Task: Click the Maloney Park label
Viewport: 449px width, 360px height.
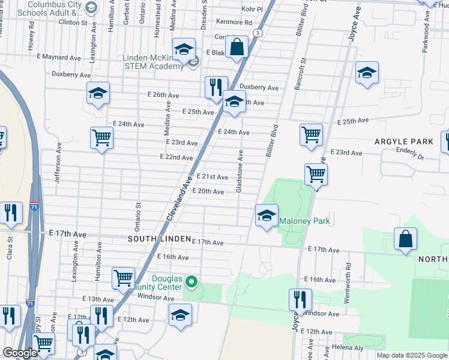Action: tap(305, 221)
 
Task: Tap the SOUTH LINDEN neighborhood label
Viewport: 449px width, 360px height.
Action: tap(159, 239)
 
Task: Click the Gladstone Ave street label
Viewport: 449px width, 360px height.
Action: tap(240, 171)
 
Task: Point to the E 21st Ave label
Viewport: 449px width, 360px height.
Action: tap(212, 177)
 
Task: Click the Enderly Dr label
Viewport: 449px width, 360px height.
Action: tap(410, 154)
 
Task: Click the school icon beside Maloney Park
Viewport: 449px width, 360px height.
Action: tap(266, 215)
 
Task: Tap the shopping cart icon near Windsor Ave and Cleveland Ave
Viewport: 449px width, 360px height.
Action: tap(123, 278)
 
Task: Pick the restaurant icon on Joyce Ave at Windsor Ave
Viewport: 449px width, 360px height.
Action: tap(300, 299)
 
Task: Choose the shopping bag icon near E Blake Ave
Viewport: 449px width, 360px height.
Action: tap(238, 47)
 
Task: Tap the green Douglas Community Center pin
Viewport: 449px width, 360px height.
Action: tap(191, 281)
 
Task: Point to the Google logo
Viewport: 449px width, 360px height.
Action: tap(20, 353)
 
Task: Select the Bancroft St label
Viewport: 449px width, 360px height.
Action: tap(301, 74)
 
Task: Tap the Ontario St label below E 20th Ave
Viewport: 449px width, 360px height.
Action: tap(138, 215)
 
